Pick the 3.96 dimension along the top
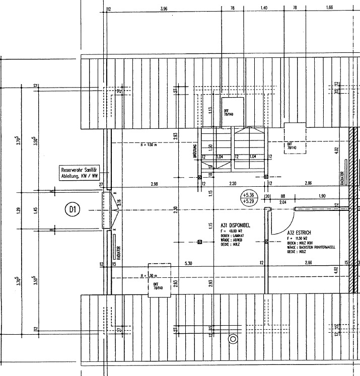click(163, 9)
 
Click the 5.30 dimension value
click(188, 263)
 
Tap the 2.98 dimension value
click(154, 184)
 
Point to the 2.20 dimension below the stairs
click(233, 184)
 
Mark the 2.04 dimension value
click(283, 202)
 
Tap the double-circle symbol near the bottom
click(233, 339)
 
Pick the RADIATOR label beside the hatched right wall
click(343, 179)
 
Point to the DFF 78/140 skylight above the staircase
click(233, 111)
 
